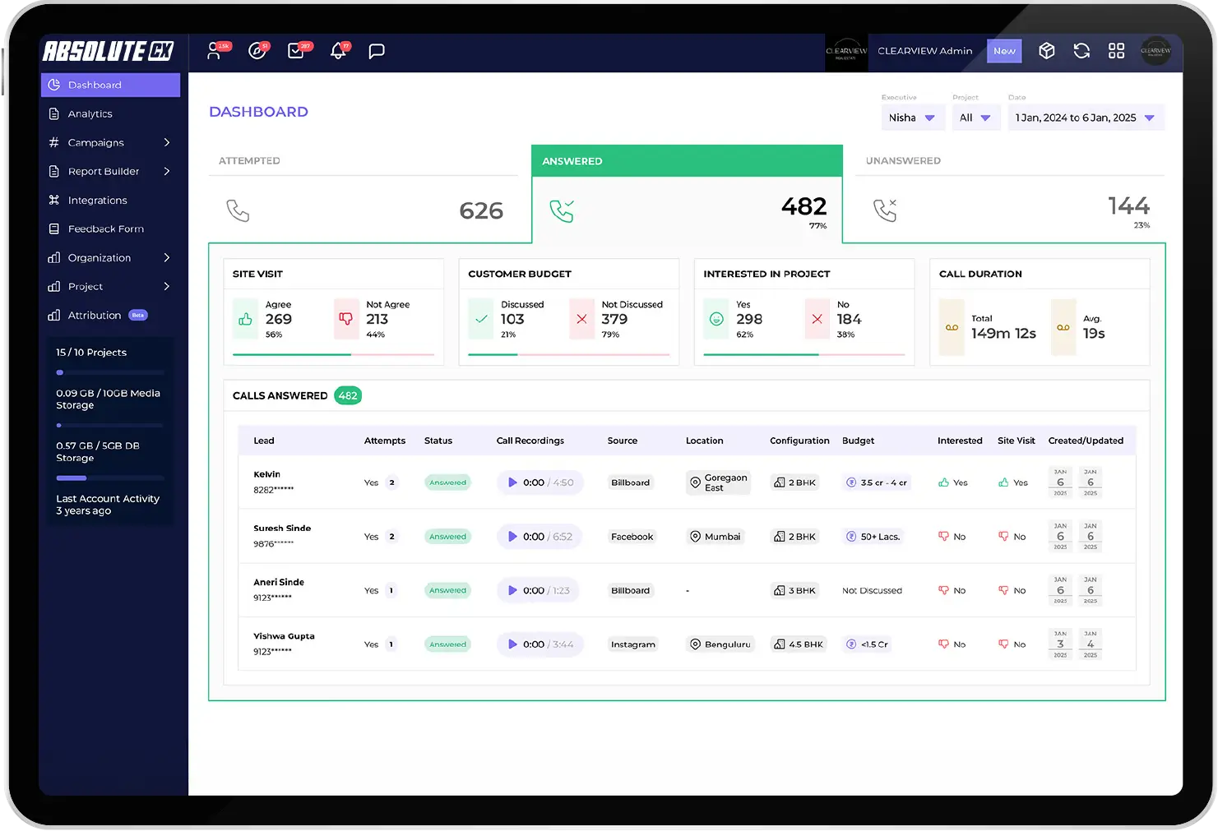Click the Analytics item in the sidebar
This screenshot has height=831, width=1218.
[x=90, y=114]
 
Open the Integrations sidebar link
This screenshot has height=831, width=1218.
[x=97, y=201]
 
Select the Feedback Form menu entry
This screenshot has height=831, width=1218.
[x=105, y=229]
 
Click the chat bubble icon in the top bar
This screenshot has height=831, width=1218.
[x=377, y=51]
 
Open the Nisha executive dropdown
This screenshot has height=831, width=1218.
[x=911, y=118]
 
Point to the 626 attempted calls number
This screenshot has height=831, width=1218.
[x=481, y=210]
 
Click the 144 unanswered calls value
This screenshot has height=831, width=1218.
[x=1128, y=205]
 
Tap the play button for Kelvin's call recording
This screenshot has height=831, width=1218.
[x=512, y=482]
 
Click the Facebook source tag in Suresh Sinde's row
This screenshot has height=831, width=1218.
[x=632, y=537]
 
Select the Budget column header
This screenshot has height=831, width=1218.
[x=858, y=441]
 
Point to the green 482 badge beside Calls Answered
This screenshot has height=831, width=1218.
[x=348, y=395]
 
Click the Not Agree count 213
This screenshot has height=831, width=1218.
[x=377, y=319]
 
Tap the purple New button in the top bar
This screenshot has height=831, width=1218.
[x=1004, y=51]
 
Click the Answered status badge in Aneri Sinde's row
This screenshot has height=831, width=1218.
[x=447, y=590]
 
